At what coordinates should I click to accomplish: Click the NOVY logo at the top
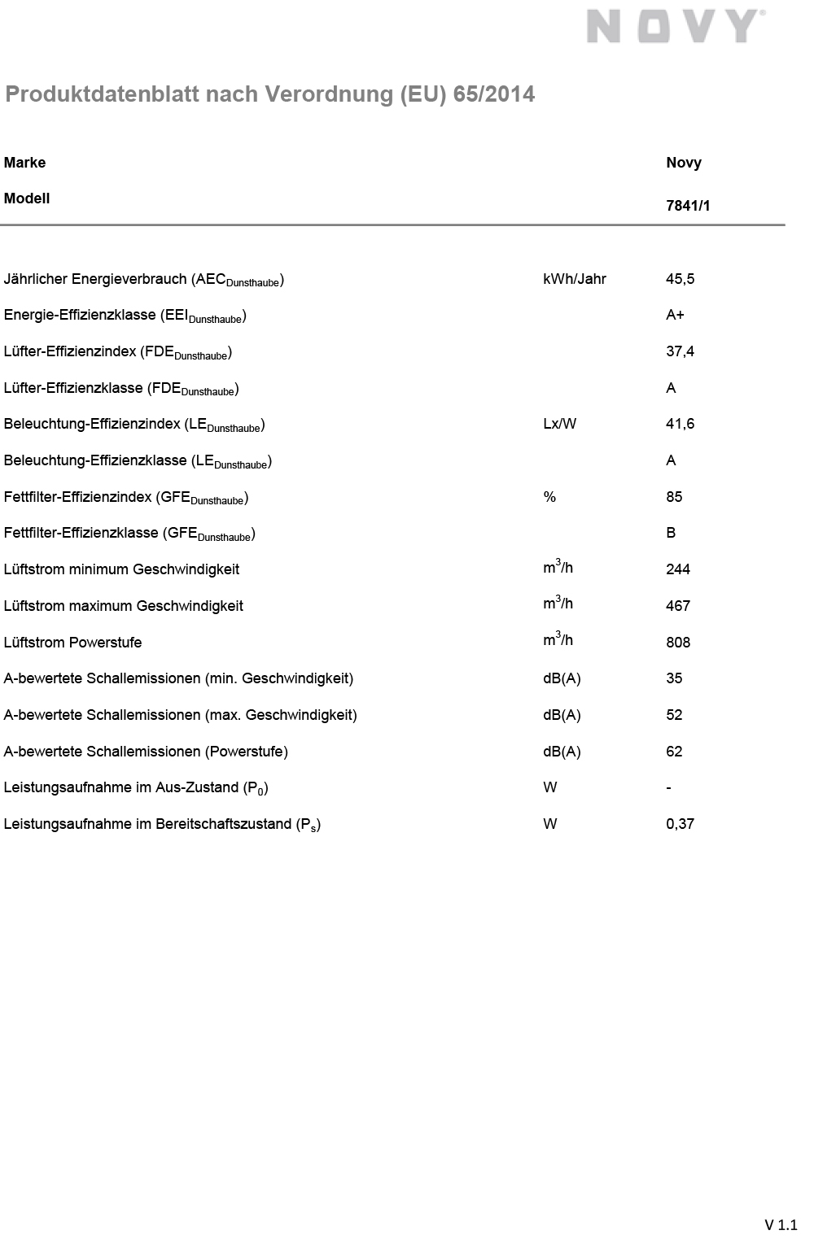pyautogui.click(x=675, y=26)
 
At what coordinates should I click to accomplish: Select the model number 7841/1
pyautogui.click(x=688, y=206)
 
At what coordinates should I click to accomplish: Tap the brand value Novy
pyautogui.click(x=683, y=163)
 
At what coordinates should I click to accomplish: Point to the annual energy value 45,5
pyautogui.click(x=680, y=279)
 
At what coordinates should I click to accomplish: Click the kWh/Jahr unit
pyautogui.click(x=574, y=279)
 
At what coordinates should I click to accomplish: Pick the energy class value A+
pyautogui.click(x=675, y=315)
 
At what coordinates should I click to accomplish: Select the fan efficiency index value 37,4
pyautogui.click(x=680, y=351)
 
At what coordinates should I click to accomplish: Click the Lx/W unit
pyautogui.click(x=559, y=424)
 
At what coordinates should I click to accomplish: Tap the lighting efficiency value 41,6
pyautogui.click(x=680, y=424)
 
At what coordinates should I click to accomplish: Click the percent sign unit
pyautogui.click(x=549, y=497)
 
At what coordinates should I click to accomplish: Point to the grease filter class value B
pyautogui.click(x=671, y=533)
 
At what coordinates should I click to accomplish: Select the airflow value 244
pyautogui.click(x=677, y=569)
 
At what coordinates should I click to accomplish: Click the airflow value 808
pyautogui.click(x=677, y=643)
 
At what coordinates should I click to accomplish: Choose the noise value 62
pyautogui.click(x=674, y=752)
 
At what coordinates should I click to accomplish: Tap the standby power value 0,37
pyautogui.click(x=680, y=824)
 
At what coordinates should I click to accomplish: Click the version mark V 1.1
pyautogui.click(x=781, y=1225)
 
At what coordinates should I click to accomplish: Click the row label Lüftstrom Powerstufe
pyautogui.click(x=72, y=643)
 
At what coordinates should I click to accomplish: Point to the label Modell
pyautogui.click(x=27, y=198)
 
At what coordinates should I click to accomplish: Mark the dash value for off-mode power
pyautogui.click(x=668, y=788)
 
